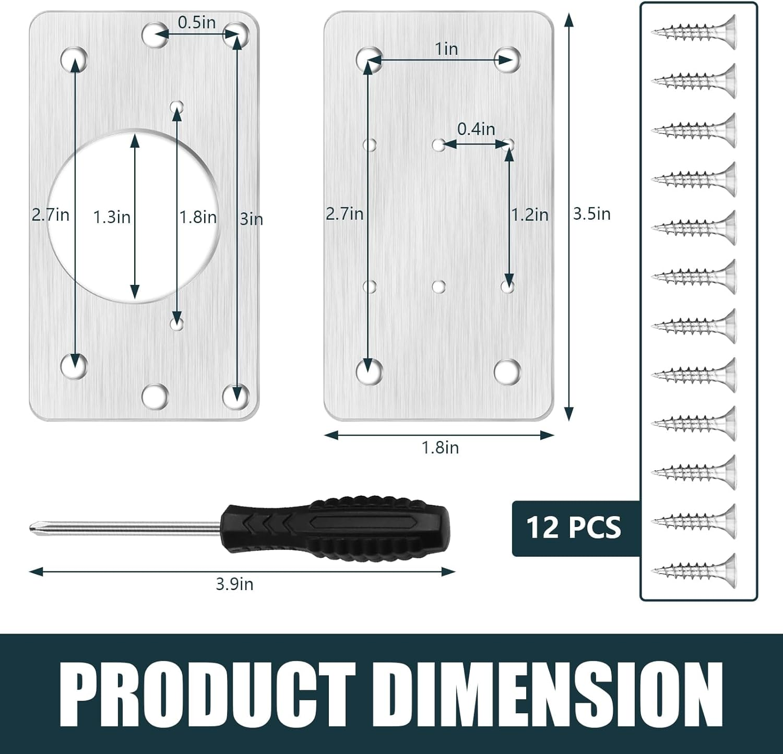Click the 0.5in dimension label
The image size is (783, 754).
tap(196, 22)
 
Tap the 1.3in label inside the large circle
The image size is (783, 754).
tap(112, 217)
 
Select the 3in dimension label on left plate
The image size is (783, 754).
tap(251, 219)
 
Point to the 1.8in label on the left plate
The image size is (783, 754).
tap(198, 217)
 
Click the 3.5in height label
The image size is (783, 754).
tap(591, 214)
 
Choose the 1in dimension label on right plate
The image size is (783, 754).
tap(446, 49)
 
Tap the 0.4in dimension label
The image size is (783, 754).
tap(476, 129)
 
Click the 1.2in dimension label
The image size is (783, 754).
tap(529, 214)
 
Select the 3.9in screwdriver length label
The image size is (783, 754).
tap(234, 584)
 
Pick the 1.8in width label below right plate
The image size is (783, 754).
tap(440, 448)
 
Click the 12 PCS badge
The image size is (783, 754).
tap(574, 528)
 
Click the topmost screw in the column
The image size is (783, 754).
tap(694, 32)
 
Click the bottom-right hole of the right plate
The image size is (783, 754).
tap(507, 370)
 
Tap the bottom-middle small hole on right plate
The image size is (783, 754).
tap(439, 286)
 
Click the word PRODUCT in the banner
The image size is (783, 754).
tap(211, 692)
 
